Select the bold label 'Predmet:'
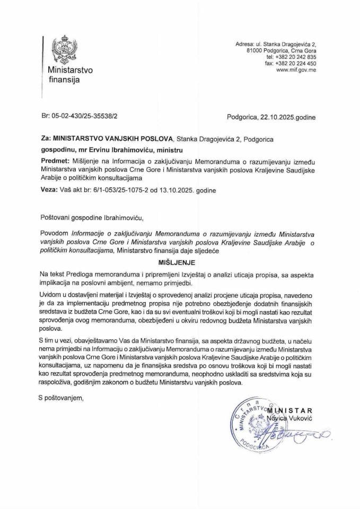54,160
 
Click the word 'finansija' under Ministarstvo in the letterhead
64,80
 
